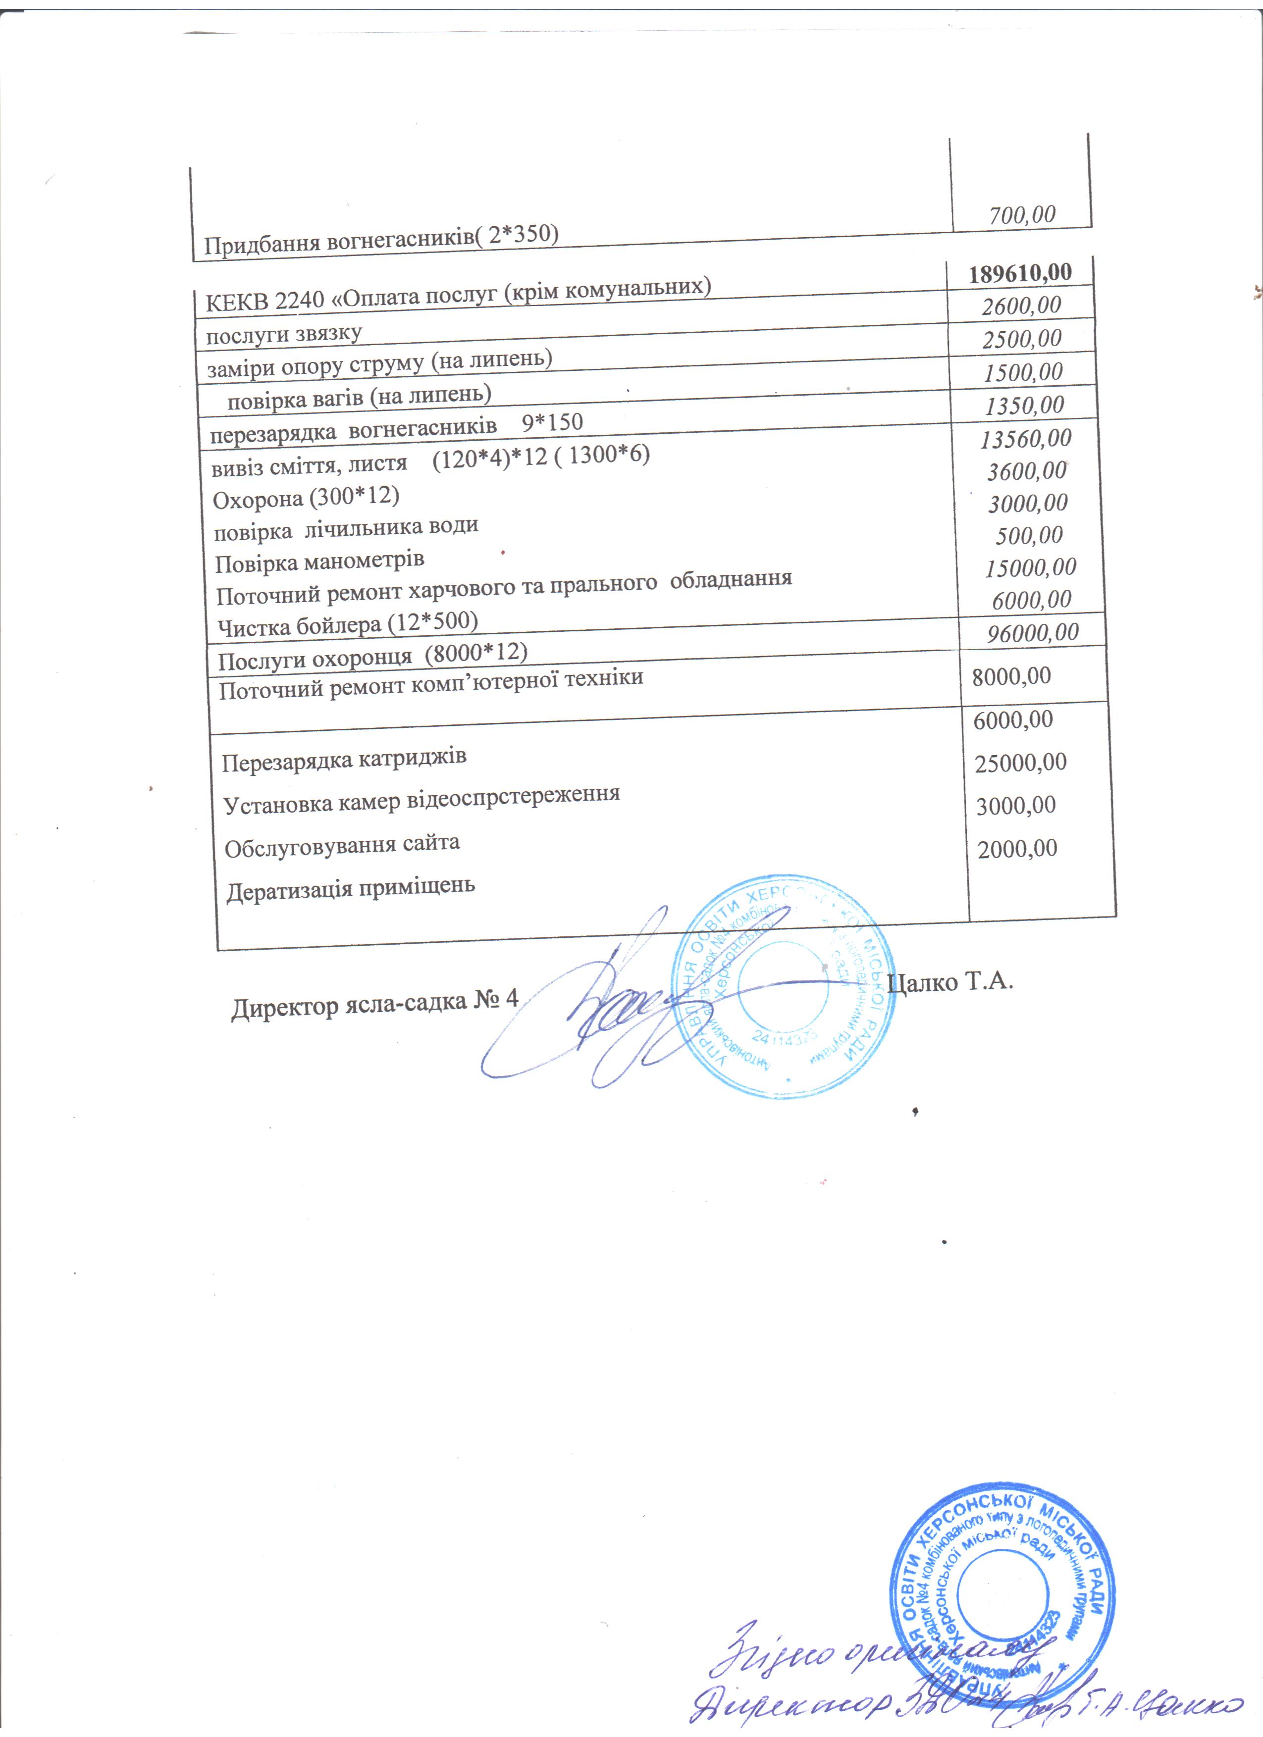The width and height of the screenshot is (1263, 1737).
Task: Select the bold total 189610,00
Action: click(x=1019, y=273)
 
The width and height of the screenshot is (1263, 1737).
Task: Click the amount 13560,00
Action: click(x=1026, y=438)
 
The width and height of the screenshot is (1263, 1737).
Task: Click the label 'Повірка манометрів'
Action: click(x=319, y=562)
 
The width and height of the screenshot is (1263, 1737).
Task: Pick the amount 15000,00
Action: click(x=1030, y=567)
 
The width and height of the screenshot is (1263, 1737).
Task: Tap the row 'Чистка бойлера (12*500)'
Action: click(x=348, y=624)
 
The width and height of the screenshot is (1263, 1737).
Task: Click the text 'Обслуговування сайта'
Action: click(x=342, y=846)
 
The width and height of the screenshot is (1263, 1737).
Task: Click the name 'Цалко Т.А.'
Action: click(x=950, y=982)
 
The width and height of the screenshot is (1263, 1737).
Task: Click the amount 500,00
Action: click(x=1029, y=535)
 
